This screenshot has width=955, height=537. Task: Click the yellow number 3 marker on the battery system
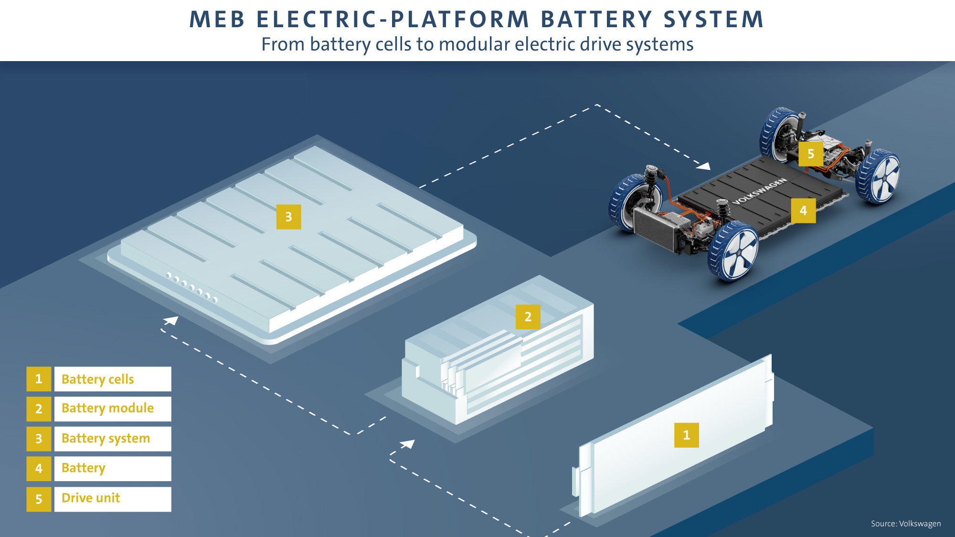coord(288,217)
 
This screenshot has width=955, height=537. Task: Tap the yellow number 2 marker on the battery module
coord(528,317)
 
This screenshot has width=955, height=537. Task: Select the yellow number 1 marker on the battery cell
coord(686,435)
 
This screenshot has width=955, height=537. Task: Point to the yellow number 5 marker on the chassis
coord(810,154)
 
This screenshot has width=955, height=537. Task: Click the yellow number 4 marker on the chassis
coord(803,211)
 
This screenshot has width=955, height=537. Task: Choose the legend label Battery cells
coord(98,379)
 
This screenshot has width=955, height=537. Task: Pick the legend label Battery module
coord(107,409)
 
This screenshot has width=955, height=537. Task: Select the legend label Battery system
coord(106,439)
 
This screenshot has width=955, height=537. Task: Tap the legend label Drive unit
coord(91,498)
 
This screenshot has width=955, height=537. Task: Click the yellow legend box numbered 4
coord(39,469)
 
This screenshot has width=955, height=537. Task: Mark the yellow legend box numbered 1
coord(39,379)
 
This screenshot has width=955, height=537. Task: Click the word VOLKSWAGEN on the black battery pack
coord(759,191)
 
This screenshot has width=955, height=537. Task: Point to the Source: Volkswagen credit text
coord(905,524)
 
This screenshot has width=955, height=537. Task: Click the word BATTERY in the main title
coord(596,20)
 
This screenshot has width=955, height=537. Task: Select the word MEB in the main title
coord(217,20)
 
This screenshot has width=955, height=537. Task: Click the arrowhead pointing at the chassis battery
coord(704,166)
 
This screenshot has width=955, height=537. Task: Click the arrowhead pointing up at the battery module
coord(408,444)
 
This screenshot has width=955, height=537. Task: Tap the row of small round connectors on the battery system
coord(191,288)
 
